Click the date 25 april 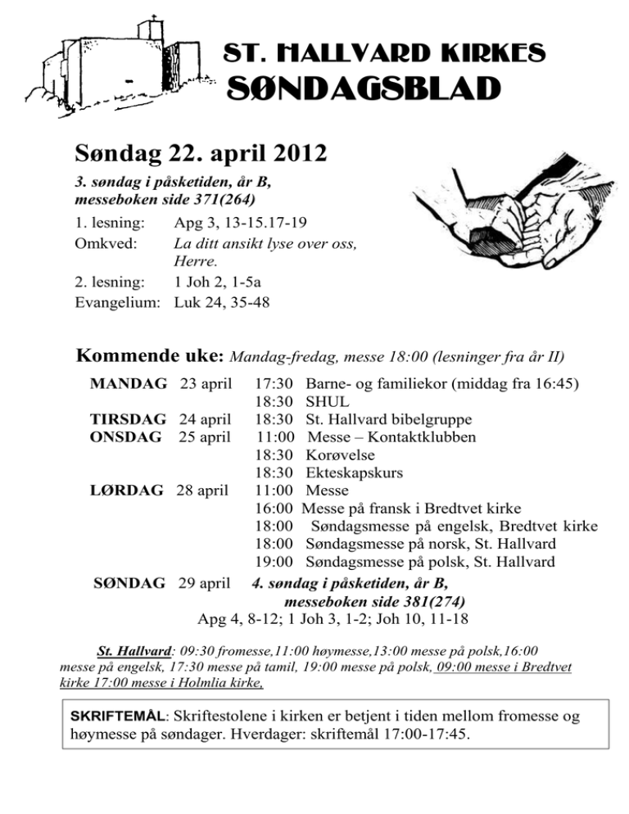click(x=206, y=436)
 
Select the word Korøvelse click(x=340, y=454)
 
